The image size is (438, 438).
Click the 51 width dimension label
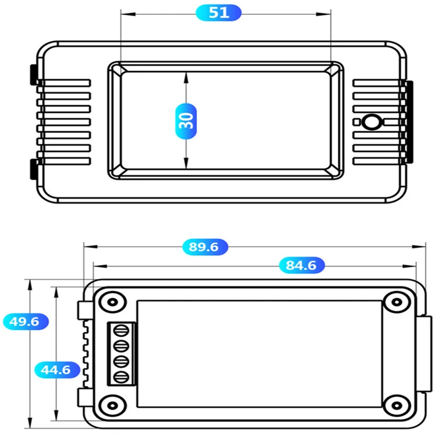coord(218,13)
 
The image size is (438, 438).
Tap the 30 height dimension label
coord(187,120)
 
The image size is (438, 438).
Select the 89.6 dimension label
coord(204,247)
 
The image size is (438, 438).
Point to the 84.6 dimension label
coord(302,266)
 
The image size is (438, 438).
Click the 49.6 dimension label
coord(25,321)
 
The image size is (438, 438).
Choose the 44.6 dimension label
coord(56,370)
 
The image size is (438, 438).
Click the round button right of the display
coord(373,122)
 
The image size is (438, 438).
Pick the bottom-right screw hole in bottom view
coord(395,406)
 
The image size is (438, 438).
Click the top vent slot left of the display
coord(64,83)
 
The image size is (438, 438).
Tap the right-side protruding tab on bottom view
coord(424,353)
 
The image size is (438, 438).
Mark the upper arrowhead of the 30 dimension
coord(187,77)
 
